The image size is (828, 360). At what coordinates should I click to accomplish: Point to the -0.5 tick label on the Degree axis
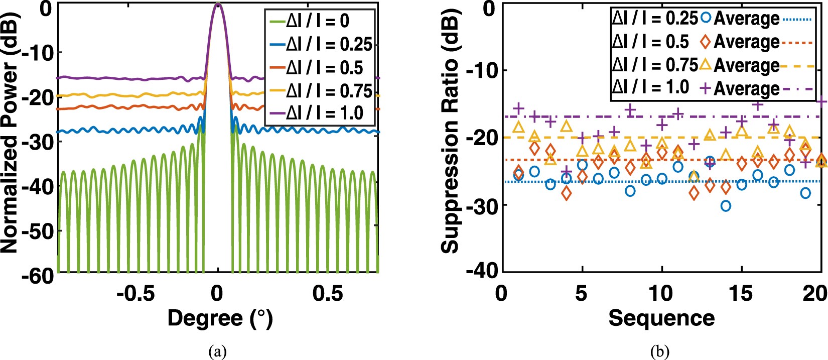tap(135, 294)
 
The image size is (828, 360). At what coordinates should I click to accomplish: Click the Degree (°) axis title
tap(220, 318)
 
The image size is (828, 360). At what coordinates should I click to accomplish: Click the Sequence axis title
tap(661, 318)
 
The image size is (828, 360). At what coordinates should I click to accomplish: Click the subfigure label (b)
tap(659, 352)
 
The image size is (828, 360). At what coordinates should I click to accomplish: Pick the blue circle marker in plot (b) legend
tap(706, 18)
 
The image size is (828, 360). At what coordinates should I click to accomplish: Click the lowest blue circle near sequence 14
tap(726, 206)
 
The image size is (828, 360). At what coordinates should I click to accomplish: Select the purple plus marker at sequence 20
tap(821, 102)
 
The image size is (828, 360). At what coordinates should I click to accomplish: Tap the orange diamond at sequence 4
tap(567, 193)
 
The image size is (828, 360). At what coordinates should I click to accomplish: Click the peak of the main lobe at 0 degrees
tap(217, 5)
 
